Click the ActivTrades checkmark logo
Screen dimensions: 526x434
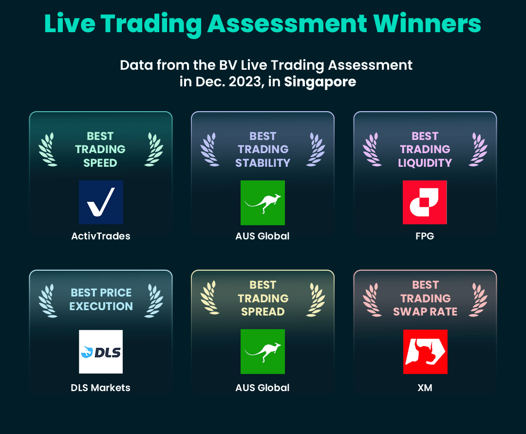101,202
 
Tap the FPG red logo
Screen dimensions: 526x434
425,202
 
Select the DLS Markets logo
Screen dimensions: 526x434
101,352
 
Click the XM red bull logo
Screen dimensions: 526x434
425,352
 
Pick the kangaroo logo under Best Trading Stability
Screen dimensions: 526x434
263,202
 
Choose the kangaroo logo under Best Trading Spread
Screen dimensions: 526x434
263,352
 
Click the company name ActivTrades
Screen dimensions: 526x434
101,236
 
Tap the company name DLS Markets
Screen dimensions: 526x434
101,388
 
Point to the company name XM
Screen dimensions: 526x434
425,388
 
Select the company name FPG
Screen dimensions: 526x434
425,236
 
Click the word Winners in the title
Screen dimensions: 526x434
427,23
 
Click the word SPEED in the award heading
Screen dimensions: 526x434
100,163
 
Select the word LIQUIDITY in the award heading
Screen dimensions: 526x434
425,163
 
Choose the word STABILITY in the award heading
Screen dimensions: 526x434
263,163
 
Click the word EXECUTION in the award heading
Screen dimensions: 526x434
101,306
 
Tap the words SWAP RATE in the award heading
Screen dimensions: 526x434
425,312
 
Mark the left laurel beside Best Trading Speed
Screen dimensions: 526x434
48,150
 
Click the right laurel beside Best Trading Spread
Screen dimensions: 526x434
316,299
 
